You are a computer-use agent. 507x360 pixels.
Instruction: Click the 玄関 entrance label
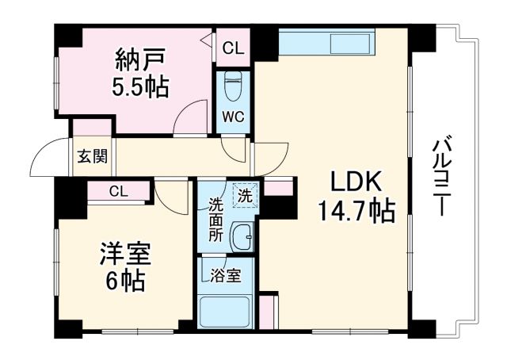pyautogui.click(x=92, y=156)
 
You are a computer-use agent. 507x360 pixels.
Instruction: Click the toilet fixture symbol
pyautogui.click(x=233, y=82)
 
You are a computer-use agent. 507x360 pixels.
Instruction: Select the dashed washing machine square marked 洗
pyautogui.click(x=244, y=194)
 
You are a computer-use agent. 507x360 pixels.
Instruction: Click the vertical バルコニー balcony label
pyautogui.click(x=440, y=179)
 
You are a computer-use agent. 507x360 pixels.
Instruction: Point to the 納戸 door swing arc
pyautogui.click(x=188, y=119)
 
